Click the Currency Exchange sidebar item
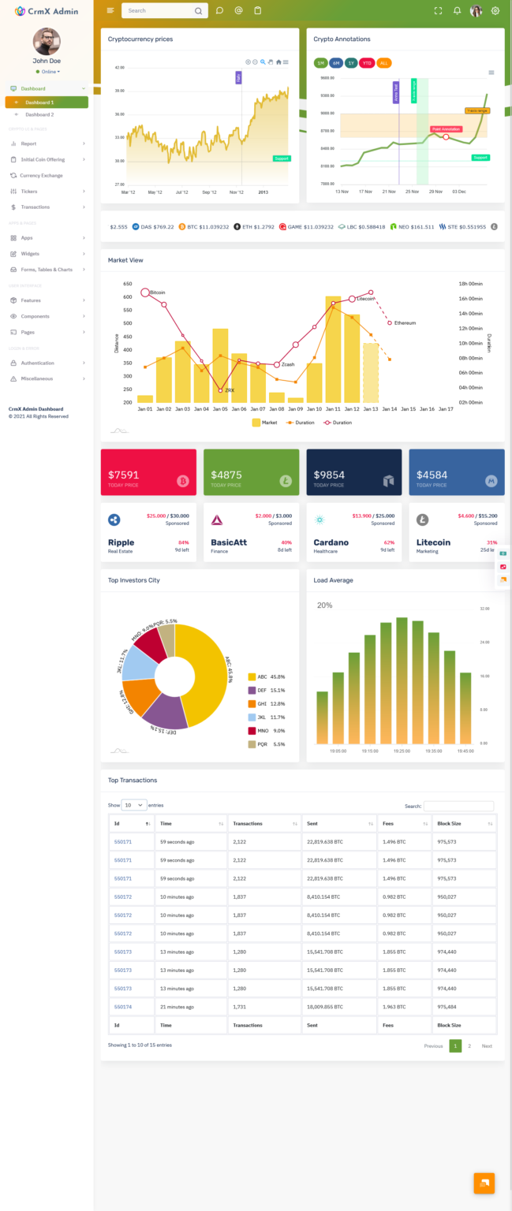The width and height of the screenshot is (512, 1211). (41, 175)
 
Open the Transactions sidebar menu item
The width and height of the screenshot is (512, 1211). (35, 207)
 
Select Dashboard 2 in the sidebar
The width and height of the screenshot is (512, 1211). (39, 114)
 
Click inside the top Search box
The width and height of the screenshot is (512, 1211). (158, 11)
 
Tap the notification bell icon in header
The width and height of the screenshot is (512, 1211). (457, 11)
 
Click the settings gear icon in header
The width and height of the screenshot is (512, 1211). (495, 11)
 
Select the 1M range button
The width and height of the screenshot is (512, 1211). (320, 63)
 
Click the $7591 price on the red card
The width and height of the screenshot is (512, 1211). (124, 475)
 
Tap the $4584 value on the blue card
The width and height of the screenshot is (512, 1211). (432, 475)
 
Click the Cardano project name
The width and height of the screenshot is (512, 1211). (331, 542)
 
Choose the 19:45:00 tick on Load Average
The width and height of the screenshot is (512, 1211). (465, 751)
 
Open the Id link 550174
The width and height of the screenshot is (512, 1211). (123, 1007)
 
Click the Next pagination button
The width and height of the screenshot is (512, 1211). (487, 1045)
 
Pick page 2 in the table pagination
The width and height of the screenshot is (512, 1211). (469, 1045)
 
